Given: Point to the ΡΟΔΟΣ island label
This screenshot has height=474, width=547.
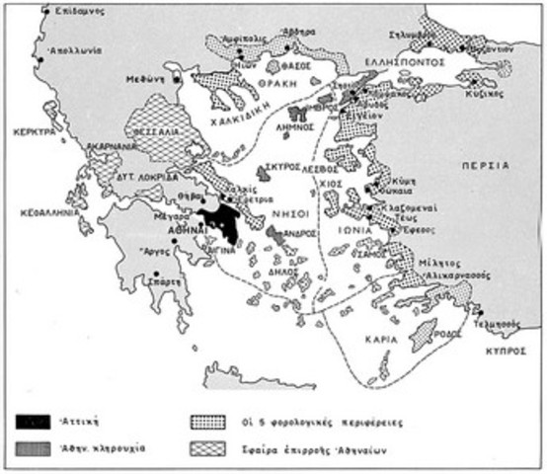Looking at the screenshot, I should (450, 332).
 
